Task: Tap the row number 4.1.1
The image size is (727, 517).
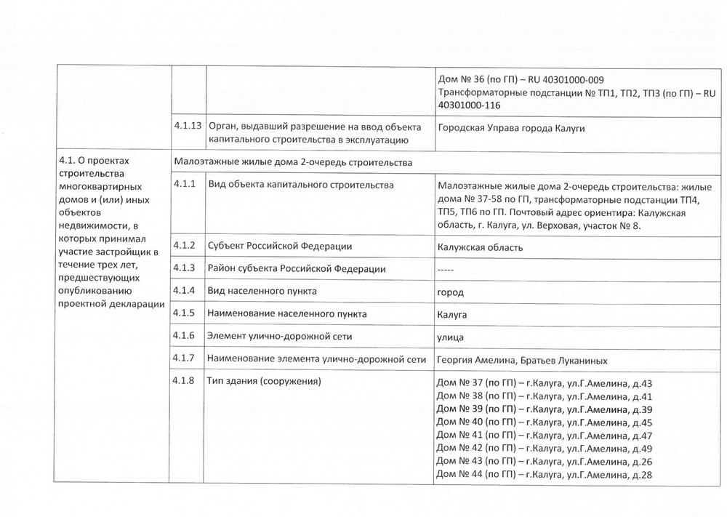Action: point(185,185)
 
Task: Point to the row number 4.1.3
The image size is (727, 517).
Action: point(185,268)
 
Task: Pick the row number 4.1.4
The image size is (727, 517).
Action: point(185,291)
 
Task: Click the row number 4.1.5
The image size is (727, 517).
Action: point(185,313)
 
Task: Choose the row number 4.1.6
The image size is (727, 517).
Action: point(185,336)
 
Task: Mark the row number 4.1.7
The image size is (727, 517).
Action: point(185,358)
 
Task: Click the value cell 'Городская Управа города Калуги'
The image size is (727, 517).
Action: point(511,129)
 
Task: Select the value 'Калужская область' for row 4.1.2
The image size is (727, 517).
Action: point(481,247)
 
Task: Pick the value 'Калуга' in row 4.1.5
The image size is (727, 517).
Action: point(452,315)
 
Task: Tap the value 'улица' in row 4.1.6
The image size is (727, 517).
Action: point(451,337)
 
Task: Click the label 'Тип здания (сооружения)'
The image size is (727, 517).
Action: point(265,381)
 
